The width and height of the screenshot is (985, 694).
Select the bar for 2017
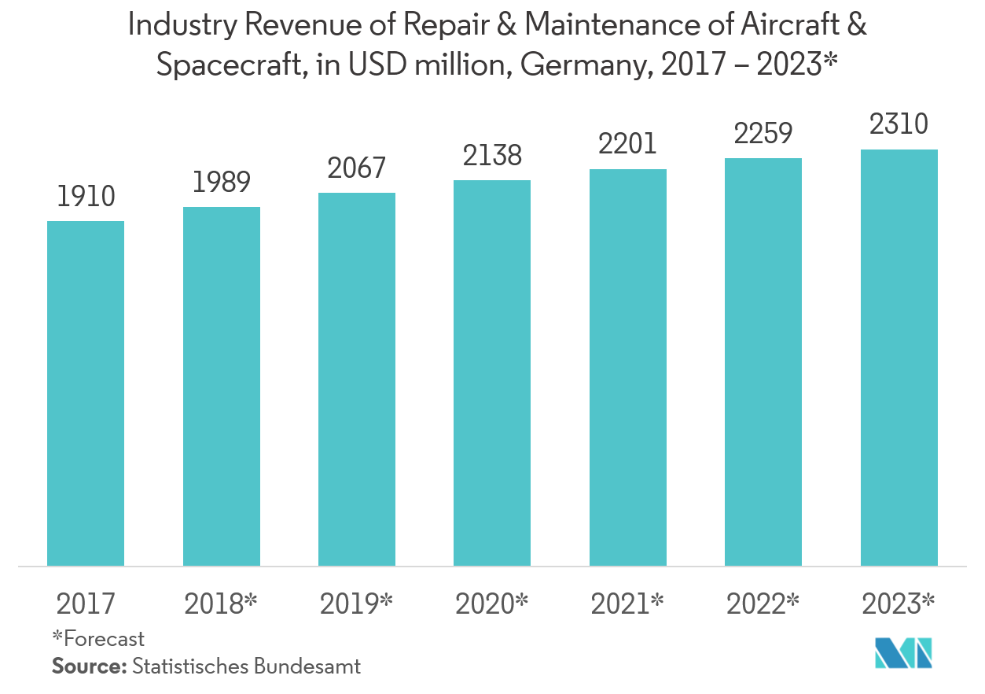(x=86, y=393)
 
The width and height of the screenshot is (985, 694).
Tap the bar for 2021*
(x=627, y=367)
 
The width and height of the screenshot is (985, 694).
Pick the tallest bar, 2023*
(x=899, y=358)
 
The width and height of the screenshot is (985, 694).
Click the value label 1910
(x=86, y=195)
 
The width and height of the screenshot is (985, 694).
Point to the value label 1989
(x=222, y=182)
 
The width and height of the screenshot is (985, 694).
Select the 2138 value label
(x=493, y=155)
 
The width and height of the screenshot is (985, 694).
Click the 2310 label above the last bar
(x=899, y=124)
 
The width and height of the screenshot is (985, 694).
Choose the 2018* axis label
(x=221, y=604)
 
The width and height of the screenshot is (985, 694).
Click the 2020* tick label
(x=492, y=604)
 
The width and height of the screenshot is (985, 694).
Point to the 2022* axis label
(x=763, y=604)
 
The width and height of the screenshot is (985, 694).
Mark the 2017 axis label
(x=86, y=604)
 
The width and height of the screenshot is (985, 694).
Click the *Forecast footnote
(x=98, y=638)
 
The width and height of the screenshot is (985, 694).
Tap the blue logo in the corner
(x=903, y=652)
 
